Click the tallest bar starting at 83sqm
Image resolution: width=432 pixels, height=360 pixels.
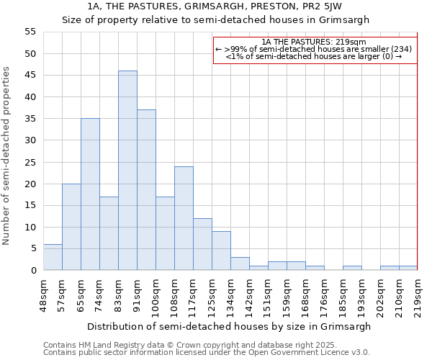127,171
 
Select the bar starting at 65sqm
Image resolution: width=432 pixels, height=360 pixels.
90,194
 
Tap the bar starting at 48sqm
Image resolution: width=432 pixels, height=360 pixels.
53,257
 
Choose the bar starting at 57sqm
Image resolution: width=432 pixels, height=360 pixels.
71,227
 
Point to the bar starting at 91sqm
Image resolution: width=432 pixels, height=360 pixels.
146,190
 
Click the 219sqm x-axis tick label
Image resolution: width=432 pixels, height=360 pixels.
418,293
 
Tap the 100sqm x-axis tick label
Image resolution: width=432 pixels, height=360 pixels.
156,293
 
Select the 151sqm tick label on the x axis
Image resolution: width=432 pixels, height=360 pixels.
268,293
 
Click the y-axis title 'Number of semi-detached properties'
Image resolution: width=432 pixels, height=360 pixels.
7,156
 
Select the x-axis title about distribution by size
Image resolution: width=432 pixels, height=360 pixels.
230,326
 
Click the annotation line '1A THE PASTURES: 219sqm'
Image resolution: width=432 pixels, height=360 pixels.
314,42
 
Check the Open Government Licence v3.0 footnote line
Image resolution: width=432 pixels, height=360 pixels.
207,352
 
